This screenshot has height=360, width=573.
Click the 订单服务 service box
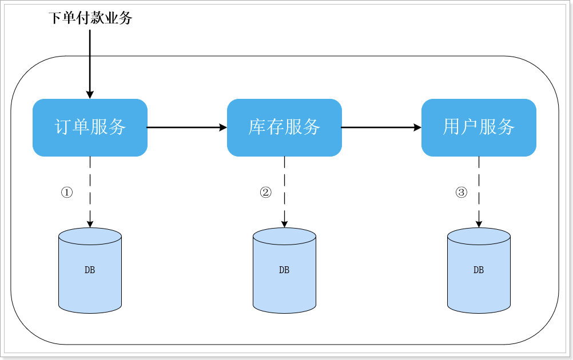90,127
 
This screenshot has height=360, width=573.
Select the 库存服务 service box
284,127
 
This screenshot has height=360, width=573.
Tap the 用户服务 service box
479,127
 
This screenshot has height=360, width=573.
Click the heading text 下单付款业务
90,18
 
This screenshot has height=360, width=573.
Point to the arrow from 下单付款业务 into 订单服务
90,63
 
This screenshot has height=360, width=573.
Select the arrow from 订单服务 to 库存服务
187,127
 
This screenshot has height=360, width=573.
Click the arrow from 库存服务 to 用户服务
381,127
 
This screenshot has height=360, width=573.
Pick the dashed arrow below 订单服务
90,191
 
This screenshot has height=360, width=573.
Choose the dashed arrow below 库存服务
284,191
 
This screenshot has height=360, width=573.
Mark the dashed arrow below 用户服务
479,191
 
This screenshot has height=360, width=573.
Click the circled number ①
67,193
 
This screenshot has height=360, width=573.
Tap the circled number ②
265,193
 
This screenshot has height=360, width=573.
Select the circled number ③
461,193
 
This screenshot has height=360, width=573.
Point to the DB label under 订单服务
90,270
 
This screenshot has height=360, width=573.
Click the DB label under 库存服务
284,270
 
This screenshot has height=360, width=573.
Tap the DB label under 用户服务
479,270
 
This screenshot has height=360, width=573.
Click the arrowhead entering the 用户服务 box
417,127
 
